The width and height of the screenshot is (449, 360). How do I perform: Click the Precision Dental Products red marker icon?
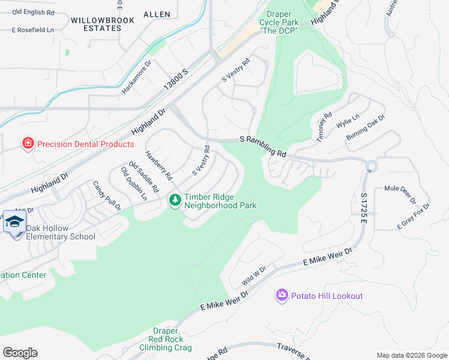pyautogui.click(x=27, y=143)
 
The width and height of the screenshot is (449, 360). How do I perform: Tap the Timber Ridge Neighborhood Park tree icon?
pyautogui.click(x=175, y=200)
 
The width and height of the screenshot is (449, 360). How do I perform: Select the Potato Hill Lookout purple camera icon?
pyautogui.click(x=282, y=295)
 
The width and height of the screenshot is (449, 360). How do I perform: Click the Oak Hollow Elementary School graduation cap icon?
pyautogui.click(x=14, y=223)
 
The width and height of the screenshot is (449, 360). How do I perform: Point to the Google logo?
pyautogui.click(x=20, y=353)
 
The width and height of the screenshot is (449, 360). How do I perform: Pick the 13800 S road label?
pyautogui.click(x=177, y=80)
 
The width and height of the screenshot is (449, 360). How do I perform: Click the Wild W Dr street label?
pyautogui.click(x=253, y=276)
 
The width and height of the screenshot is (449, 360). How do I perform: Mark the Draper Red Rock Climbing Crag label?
pyautogui.click(x=166, y=339)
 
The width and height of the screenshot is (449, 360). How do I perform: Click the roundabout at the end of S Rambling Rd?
pyautogui.click(x=371, y=166)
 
